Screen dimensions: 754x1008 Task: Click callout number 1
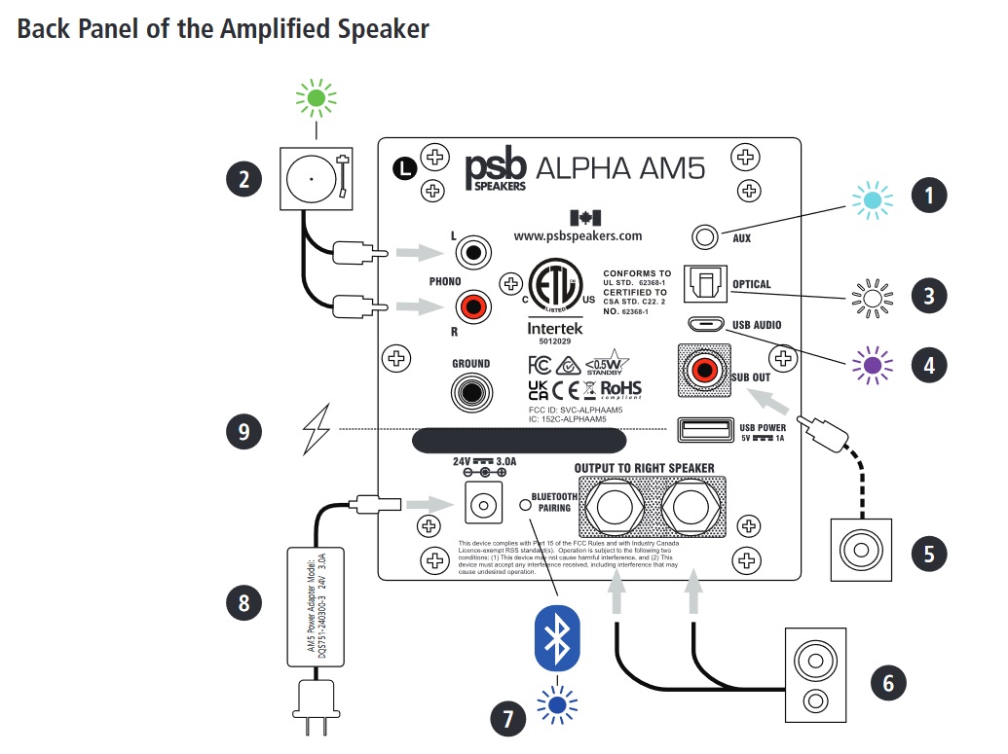pyautogui.click(x=928, y=196)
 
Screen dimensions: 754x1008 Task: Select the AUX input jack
pyautogui.click(x=705, y=236)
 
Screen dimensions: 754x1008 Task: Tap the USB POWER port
pyautogui.click(x=700, y=428)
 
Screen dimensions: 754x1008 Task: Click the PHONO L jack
pyautogui.click(x=472, y=254)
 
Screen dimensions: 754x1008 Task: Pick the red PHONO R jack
pyautogui.click(x=472, y=310)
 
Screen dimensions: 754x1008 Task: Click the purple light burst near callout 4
pyautogui.click(x=872, y=365)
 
